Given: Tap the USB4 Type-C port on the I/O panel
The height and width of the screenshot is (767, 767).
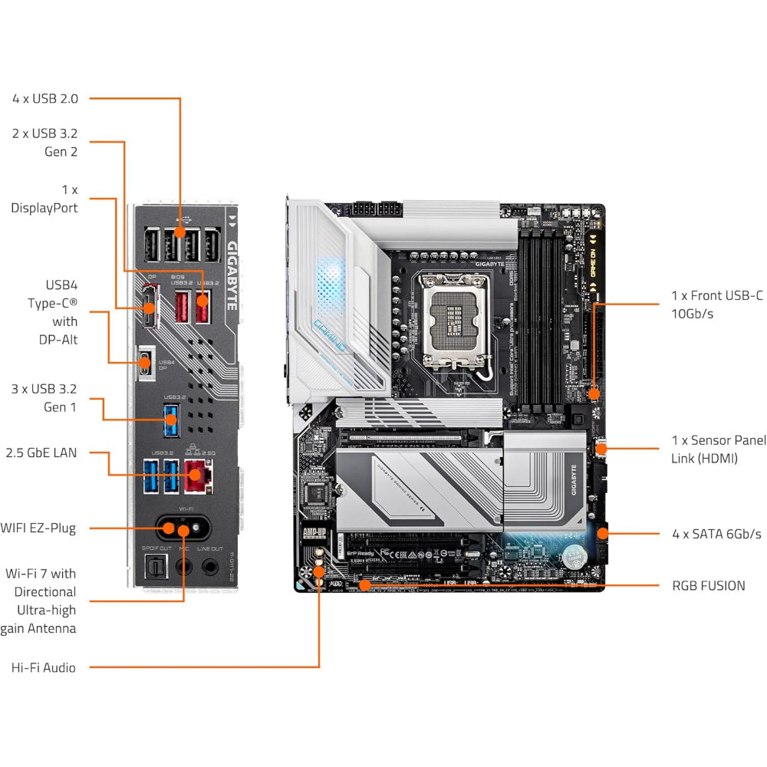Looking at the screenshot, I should (x=144, y=362).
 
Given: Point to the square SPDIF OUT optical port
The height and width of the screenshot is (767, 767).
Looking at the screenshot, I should (x=153, y=567).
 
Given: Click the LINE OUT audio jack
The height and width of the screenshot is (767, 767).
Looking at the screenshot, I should (x=209, y=567).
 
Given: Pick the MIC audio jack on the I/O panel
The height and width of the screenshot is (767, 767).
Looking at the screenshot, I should (x=183, y=567).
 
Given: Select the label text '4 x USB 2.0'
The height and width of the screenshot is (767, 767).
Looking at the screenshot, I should (x=45, y=98).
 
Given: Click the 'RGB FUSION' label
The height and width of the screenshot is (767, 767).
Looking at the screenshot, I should (x=708, y=585).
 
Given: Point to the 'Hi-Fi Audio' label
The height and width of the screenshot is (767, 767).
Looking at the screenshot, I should (x=44, y=667).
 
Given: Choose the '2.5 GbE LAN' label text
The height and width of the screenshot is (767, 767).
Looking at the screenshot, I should (x=41, y=453).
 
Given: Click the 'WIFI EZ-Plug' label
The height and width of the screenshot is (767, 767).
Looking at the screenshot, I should (x=38, y=528).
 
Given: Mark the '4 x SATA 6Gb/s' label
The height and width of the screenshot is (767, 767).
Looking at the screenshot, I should (x=716, y=533).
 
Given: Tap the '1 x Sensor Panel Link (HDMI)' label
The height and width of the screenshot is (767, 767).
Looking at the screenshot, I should (x=718, y=449).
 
